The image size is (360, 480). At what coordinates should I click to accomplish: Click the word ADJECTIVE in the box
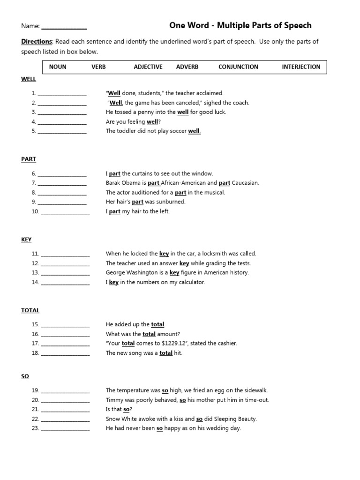point(148,67)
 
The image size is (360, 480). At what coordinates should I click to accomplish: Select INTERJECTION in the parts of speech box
point(301,67)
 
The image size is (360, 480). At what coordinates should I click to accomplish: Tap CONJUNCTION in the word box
point(238,67)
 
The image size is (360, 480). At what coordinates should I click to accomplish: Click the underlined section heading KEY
point(26,240)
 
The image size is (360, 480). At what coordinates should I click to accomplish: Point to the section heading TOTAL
point(30,310)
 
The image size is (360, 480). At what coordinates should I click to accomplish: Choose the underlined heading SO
point(25,376)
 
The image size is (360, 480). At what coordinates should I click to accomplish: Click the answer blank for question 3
point(62,113)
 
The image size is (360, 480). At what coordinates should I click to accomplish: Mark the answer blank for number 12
point(65,264)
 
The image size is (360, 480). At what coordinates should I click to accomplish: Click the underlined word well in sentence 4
point(152,122)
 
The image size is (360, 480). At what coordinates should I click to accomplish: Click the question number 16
point(35,334)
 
